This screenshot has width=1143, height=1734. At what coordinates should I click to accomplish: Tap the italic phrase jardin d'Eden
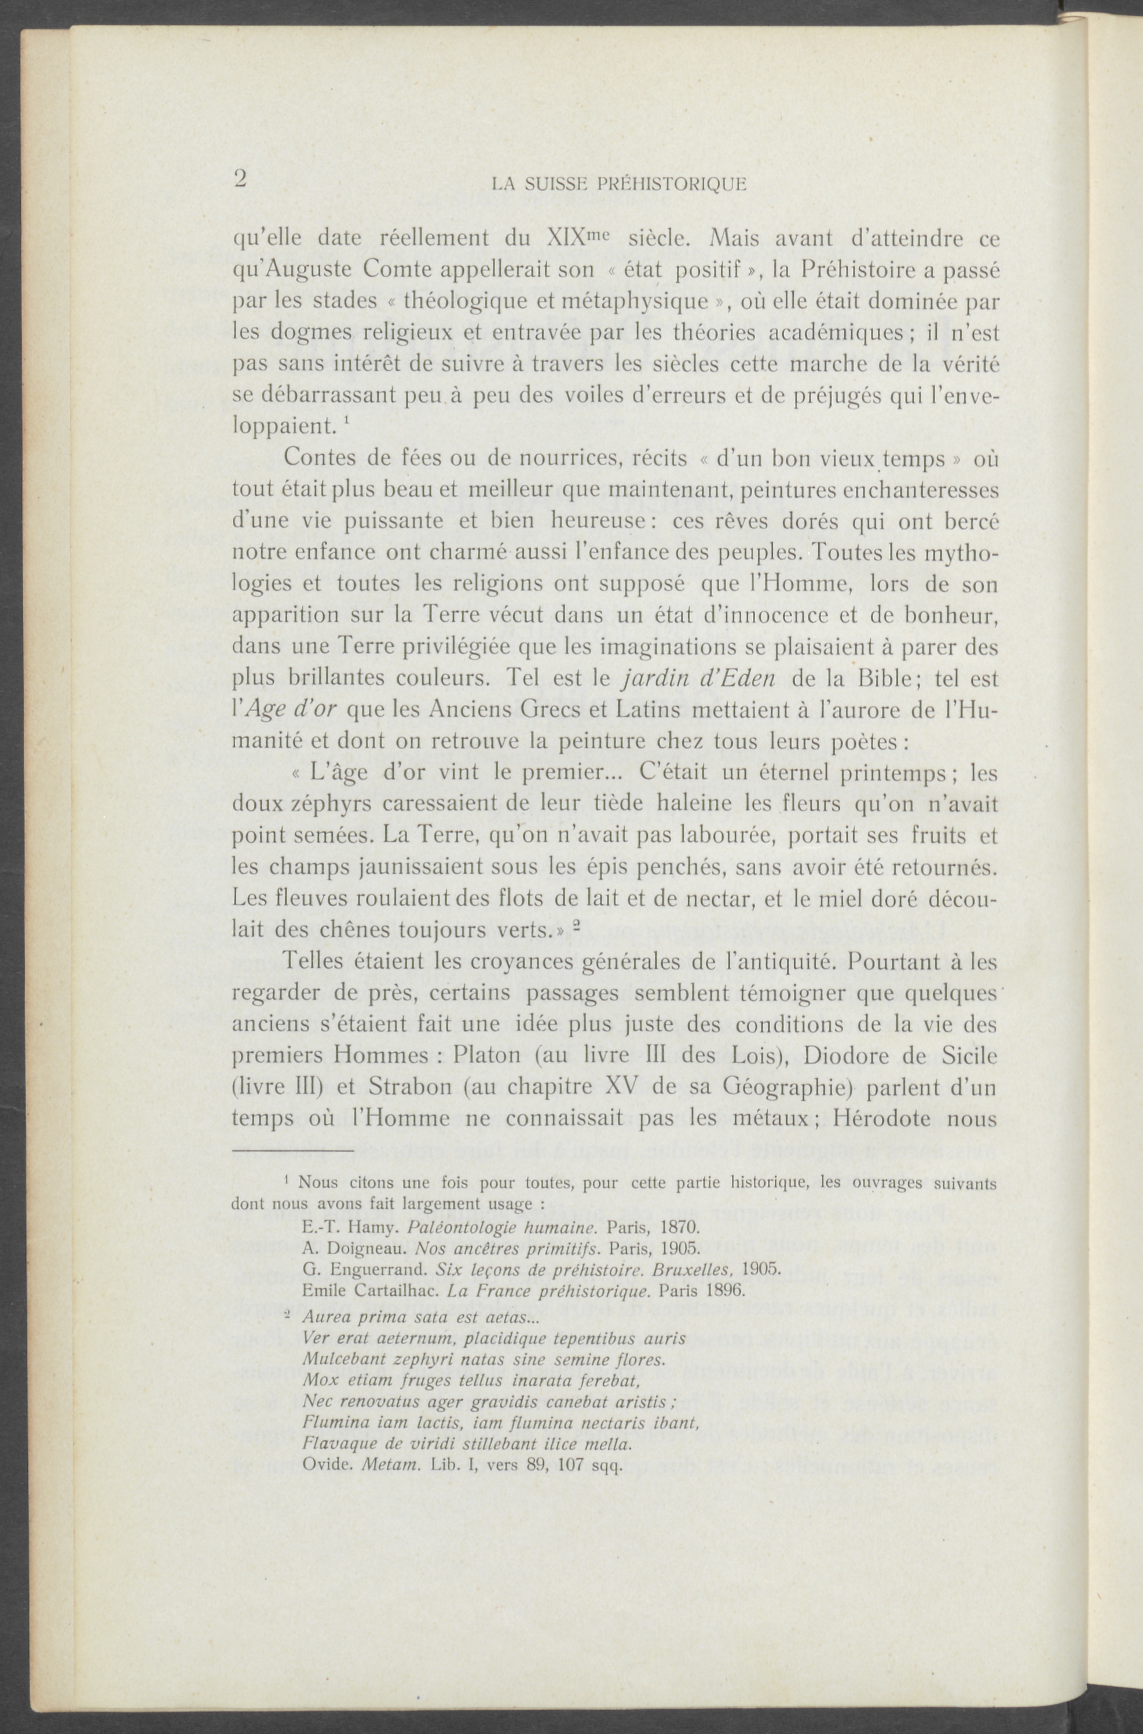pyautogui.click(x=698, y=678)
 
